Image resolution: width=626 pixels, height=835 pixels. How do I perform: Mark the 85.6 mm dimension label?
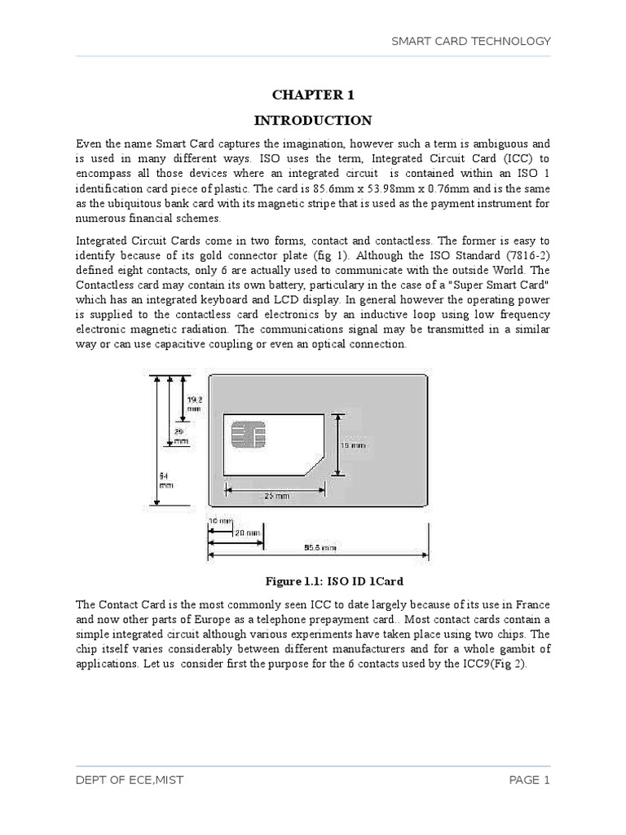318,548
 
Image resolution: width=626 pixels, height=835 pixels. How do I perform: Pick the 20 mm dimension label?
246,532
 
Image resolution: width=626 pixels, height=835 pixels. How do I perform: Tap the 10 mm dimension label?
221,520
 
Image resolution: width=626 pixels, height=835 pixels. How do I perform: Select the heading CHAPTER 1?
312,95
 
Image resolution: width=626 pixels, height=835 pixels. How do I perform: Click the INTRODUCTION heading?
312,121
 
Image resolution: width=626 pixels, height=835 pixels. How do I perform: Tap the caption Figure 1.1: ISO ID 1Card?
335,581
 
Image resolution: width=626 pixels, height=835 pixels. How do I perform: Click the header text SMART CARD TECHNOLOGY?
471,41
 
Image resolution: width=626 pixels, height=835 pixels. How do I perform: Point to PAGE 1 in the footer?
530,780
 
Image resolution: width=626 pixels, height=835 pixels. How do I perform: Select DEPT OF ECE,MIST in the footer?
130,780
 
